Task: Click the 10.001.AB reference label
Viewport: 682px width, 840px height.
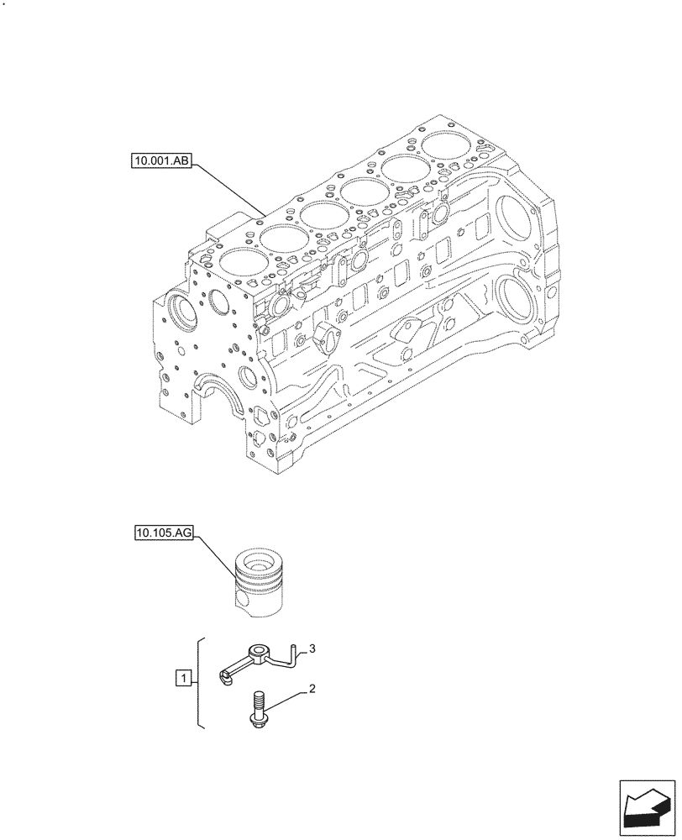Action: coord(161,159)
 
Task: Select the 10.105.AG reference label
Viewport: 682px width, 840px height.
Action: coord(162,533)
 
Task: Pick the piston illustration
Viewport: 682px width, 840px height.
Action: coord(262,581)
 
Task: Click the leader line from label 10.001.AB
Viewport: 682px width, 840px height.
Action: coord(231,187)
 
